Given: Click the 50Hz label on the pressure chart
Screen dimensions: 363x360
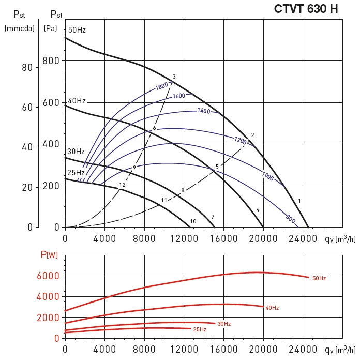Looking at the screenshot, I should pos(77,30).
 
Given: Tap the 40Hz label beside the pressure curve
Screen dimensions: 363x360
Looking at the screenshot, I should pos(77,101).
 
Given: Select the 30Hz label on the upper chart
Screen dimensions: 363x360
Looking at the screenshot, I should pos(76,152).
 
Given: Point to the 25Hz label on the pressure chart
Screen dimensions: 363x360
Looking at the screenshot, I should pos(76,172).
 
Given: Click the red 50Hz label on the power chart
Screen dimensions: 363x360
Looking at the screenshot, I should pos(319,278).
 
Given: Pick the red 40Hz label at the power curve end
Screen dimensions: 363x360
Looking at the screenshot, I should pos(272,308).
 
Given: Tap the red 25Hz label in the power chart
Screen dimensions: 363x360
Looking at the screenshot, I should pos(200,329).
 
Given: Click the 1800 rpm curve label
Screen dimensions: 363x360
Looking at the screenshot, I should pos(162,86).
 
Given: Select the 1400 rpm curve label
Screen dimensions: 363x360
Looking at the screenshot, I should pos(204,111).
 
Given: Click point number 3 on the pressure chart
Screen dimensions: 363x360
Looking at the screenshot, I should pos(174,77).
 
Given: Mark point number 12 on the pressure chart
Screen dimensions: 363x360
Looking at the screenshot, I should pos(122,185).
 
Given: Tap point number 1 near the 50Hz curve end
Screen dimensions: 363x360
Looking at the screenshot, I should pos(299,200).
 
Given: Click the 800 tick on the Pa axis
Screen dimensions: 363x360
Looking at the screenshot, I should pos(52,61).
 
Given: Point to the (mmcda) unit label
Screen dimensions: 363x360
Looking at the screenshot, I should pos(19,28).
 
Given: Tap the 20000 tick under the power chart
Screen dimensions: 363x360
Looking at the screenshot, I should pos(263,350).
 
